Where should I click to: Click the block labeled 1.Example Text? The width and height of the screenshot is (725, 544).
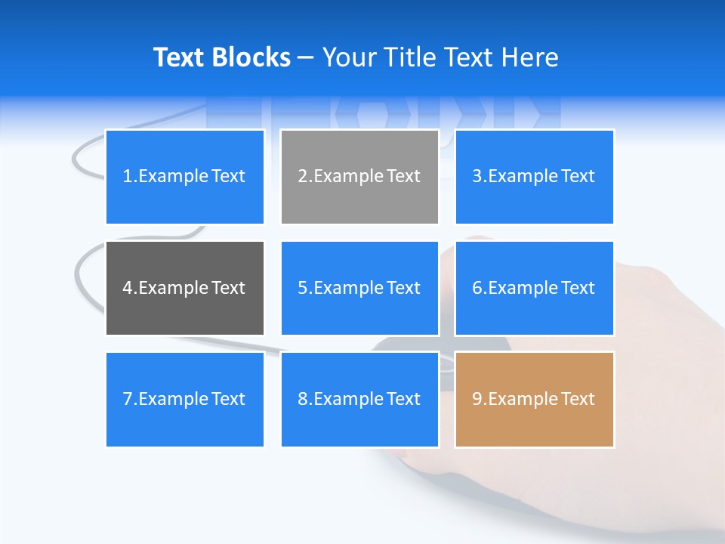click(x=185, y=177)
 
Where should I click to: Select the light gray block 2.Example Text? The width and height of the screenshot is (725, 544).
click(x=359, y=177)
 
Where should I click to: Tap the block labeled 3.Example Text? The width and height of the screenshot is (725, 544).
click(x=534, y=177)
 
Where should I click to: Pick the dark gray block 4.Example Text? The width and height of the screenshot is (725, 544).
click(x=185, y=288)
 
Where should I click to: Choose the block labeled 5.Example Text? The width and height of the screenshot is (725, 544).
click(x=359, y=288)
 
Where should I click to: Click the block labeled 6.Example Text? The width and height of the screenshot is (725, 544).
click(x=534, y=288)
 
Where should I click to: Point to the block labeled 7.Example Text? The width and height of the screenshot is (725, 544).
click(x=185, y=399)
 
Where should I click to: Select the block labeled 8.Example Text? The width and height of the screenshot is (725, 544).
click(x=359, y=399)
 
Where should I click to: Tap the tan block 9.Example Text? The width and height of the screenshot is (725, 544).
click(x=534, y=399)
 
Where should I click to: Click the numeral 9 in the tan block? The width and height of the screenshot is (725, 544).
click(x=477, y=399)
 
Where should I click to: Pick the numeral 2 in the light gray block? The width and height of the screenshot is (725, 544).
click(x=302, y=177)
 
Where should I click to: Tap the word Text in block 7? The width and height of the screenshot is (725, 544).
click(x=228, y=399)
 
